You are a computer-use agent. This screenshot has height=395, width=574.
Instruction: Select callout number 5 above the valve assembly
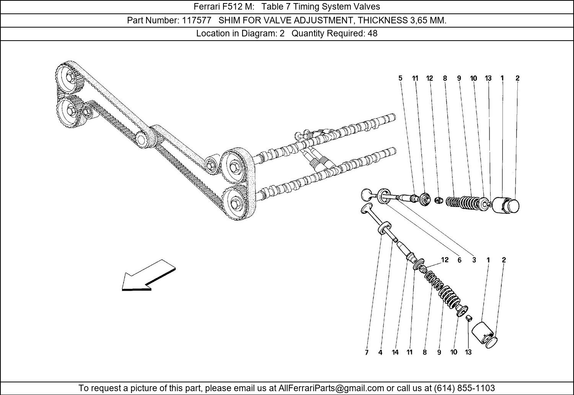click(400, 78)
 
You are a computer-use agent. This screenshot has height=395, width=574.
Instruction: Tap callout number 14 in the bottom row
click(395, 352)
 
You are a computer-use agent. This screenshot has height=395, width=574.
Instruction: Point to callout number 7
click(367, 352)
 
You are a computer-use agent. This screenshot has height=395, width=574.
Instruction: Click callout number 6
click(459, 260)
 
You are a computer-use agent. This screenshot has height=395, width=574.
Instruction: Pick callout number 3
click(474, 260)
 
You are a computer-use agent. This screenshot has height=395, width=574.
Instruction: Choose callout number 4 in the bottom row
click(380, 352)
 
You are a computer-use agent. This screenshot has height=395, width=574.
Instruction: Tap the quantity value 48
click(372, 33)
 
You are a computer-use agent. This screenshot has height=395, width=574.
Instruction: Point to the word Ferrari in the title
click(207, 7)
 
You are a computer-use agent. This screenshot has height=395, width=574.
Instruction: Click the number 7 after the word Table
click(287, 7)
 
